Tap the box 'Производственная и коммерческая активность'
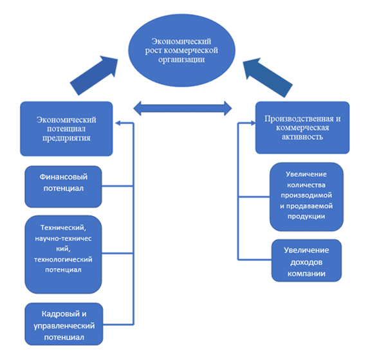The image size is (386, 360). (302, 127)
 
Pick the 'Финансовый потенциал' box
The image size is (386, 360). (63, 186)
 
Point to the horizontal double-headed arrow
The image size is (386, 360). (183, 107)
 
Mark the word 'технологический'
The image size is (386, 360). (62, 258)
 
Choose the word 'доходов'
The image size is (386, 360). (306, 262)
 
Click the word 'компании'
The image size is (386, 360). (306, 274)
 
